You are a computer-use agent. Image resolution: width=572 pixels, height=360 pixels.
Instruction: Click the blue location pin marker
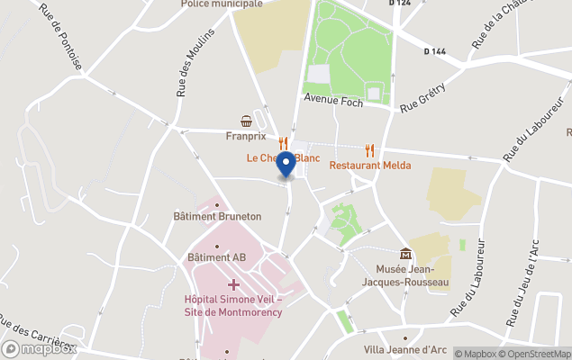pos(286,165)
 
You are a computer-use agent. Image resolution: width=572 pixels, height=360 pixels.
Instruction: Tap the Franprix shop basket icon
pos(245,121)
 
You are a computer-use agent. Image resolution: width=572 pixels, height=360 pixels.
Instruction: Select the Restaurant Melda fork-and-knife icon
pos(370,150)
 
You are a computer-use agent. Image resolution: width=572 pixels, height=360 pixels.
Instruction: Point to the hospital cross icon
pos(233,284)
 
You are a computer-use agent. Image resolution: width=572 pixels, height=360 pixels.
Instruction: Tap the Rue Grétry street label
pos(420,104)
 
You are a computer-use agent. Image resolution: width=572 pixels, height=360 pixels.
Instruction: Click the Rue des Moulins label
pos(195,62)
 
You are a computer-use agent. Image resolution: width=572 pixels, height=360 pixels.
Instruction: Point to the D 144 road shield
pos(435,51)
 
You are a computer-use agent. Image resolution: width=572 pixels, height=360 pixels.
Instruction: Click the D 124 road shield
pos(400,4)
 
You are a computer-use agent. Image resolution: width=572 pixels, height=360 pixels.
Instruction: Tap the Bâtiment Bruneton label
pos(217,216)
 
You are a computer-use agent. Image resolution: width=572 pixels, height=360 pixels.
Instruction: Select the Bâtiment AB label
pos(216,257)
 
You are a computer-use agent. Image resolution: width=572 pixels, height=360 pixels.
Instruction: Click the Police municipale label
pos(222,4)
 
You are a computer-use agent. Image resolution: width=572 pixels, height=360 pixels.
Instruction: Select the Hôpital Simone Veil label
pos(233,306)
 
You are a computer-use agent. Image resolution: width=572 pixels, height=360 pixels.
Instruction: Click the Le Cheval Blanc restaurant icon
pos(283,143)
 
